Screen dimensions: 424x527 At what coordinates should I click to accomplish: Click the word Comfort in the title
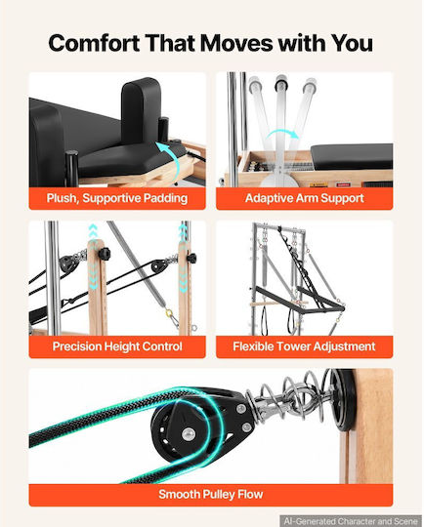pos(94,43)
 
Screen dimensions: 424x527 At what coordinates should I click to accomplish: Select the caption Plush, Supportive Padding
pos(117,198)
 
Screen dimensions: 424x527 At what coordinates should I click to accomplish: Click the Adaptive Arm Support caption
pos(304,198)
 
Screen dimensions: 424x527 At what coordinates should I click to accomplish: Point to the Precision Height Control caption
pos(117,346)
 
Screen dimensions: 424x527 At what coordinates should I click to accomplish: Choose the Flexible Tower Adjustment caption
pos(304,346)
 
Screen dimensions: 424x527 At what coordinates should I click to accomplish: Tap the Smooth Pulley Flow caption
pos(211,495)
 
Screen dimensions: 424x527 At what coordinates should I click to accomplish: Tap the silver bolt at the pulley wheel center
pos(189,434)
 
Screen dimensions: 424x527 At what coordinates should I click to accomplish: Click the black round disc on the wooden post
pos(343,400)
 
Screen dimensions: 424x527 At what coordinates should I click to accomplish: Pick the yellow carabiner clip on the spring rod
pos(169,314)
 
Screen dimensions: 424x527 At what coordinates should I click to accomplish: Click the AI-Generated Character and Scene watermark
pos(350,521)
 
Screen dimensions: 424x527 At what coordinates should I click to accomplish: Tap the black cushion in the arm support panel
pos(352,156)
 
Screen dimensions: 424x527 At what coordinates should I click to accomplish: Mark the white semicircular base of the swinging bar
pos(280,178)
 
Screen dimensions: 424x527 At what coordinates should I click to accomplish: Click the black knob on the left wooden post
pos(104,253)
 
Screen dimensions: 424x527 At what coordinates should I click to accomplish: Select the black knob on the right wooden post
pos(191,258)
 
